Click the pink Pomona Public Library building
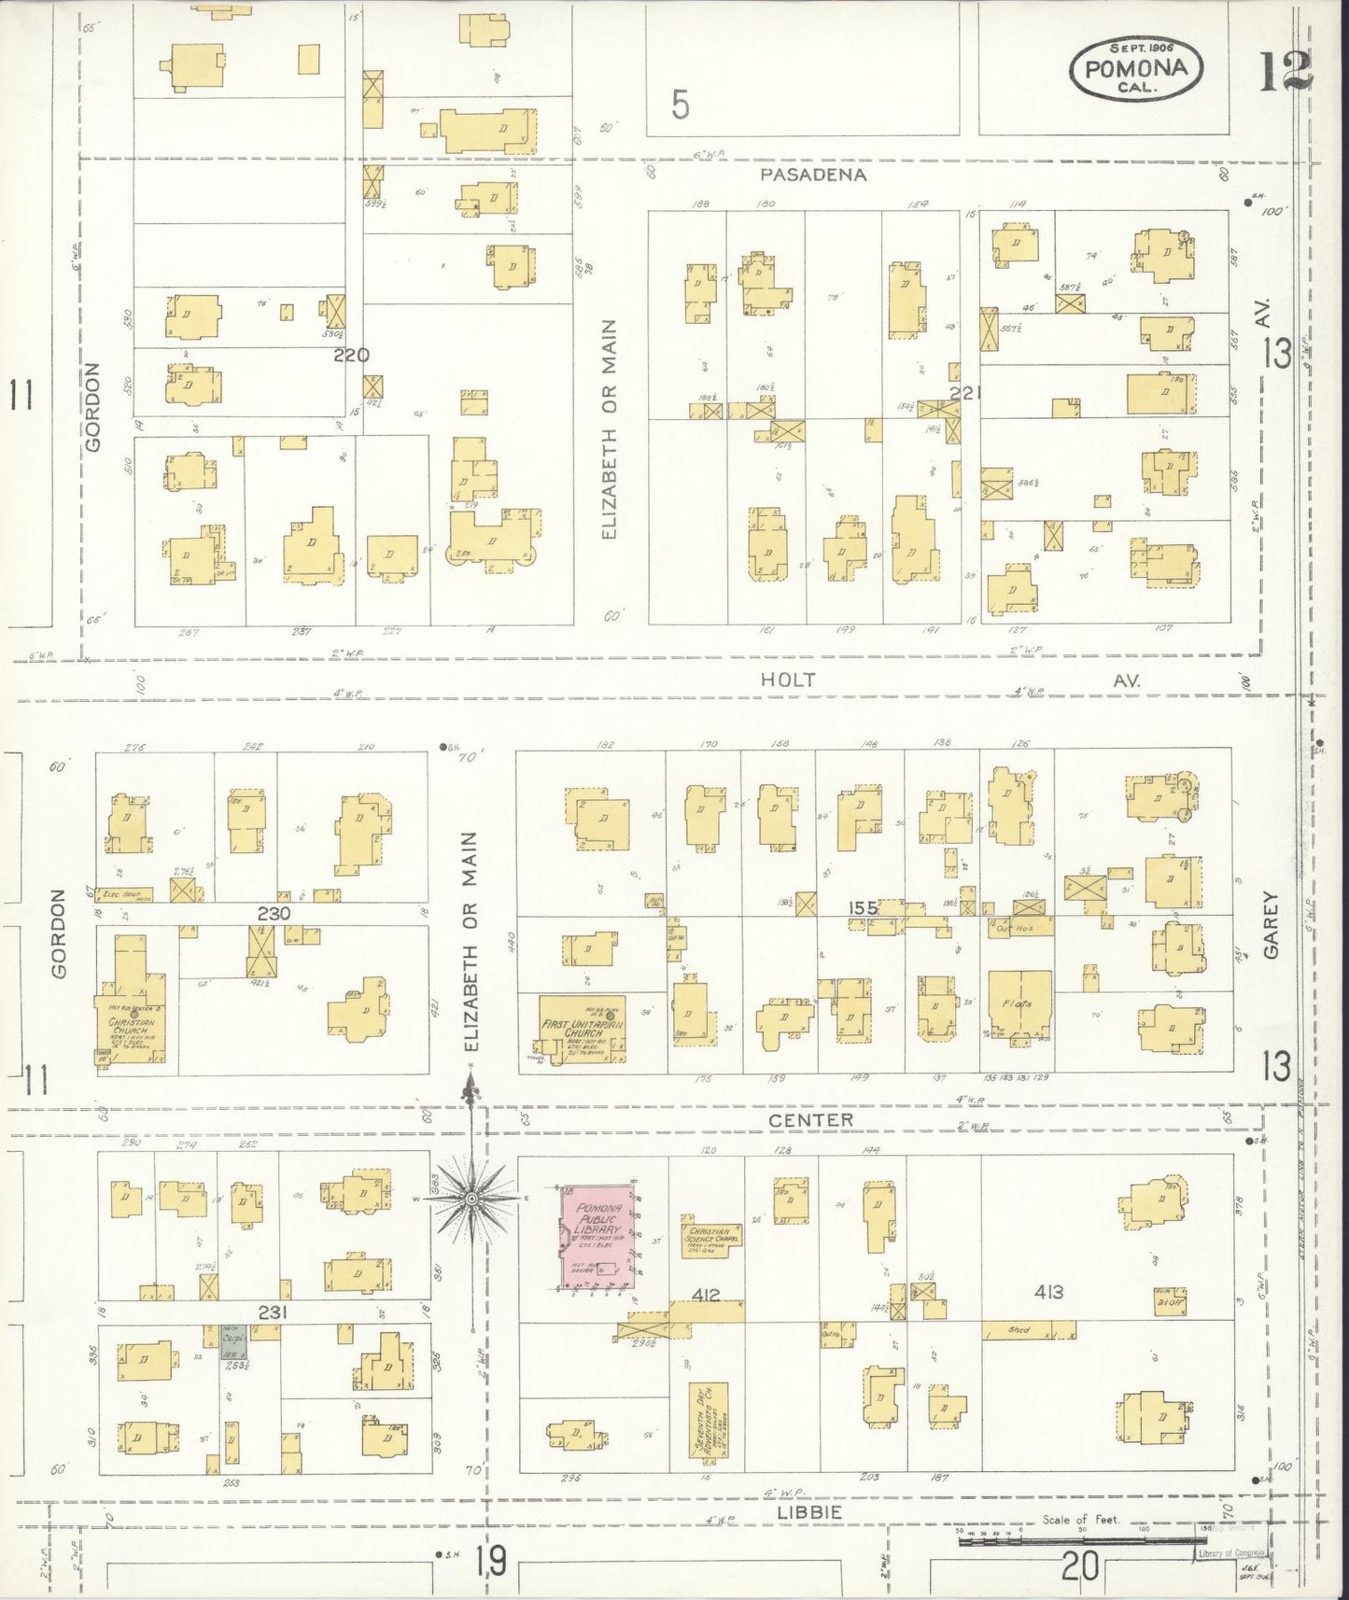597,1237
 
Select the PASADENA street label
812,175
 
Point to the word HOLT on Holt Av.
788,681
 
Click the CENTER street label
810,1119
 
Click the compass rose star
472,1197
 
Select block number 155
864,907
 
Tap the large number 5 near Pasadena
681,105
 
